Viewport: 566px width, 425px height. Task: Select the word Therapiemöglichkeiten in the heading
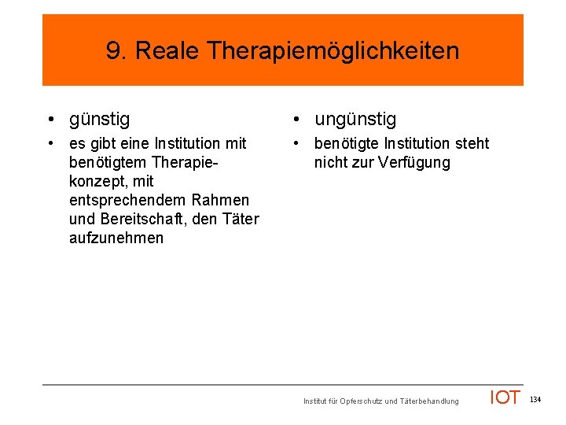(333, 52)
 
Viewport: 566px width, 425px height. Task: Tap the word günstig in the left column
(100, 120)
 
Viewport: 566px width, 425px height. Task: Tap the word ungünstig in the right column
(355, 120)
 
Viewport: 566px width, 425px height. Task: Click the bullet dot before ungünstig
(295, 120)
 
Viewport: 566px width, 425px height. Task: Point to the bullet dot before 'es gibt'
(50, 144)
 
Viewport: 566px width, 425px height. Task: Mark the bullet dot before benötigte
(295, 144)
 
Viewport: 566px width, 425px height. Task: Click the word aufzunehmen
(116, 238)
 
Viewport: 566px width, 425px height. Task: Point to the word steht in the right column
(471, 144)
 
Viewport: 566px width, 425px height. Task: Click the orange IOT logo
(505, 398)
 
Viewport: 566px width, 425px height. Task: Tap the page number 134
(535, 401)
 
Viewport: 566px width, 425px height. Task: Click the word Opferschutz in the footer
(362, 401)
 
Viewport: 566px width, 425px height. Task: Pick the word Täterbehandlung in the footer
(428, 401)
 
